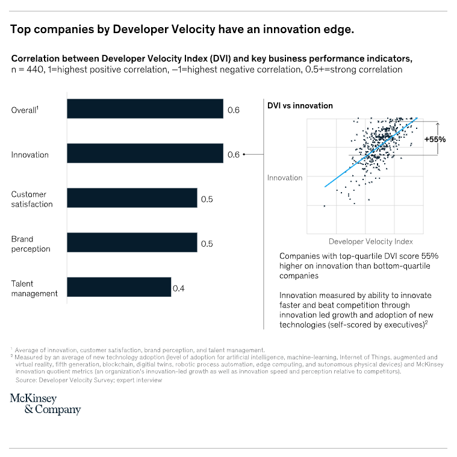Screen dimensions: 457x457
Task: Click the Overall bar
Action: pyautogui.click(x=145, y=109)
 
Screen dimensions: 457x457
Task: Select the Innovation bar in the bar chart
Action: pyautogui.click(x=145, y=154)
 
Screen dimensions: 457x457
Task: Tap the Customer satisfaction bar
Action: pyautogui.click(x=132, y=198)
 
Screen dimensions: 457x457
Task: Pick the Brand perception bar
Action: pyautogui.click(x=132, y=243)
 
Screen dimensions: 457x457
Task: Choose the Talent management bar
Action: pyautogui.click(x=119, y=287)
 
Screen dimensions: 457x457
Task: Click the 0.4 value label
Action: pyautogui.click(x=179, y=288)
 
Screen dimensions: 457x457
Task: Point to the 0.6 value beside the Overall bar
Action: pyautogui.click(x=234, y=110)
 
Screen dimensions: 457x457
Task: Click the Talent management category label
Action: pyautogui.click(x=34, y=288)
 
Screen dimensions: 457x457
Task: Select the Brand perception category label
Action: pyautogui.click(x=31, y=244)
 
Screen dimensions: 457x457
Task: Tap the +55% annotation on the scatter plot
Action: pyautogui.click(x=435, y=139)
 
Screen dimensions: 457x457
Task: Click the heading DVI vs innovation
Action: pyautogui.click(x=300, y=105)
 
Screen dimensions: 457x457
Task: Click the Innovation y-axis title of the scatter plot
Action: pyautogui.click(x=285, y=178)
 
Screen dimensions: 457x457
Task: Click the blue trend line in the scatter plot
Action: pyautogui.click(x=367, y=154)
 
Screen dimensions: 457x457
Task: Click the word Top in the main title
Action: pyautogui.click(x=21, y=30)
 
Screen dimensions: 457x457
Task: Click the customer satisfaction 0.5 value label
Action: pyautogui.click(x=207, y=199)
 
